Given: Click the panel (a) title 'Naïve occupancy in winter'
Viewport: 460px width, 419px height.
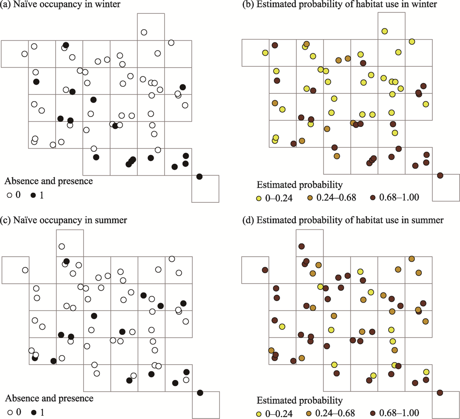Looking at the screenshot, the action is click(x=67, y=4).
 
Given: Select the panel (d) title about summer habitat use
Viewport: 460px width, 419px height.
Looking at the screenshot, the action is click(x=350, y=220).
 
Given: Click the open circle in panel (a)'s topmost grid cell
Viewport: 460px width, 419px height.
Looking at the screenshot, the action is click(x=144, y=32).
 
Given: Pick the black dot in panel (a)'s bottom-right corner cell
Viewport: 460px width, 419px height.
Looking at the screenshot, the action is click(x=200, y=177).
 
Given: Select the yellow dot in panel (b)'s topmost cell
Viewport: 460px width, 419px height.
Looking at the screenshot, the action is click(x=385, y=31).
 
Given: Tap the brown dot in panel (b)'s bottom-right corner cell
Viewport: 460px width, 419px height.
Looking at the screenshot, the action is click(x=440, y=175).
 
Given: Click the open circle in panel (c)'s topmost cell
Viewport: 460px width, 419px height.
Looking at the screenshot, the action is click(x=62, y=247).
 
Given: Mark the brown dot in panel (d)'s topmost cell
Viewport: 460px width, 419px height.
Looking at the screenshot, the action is click(x=302, y=246).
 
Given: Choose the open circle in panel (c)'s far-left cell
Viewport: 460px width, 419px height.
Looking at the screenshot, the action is click(x=25, y=270).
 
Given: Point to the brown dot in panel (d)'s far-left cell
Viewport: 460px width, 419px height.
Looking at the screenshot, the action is click(x=265, y=270).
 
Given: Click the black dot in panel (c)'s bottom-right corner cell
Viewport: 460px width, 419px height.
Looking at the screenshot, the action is click(x=200, y=393).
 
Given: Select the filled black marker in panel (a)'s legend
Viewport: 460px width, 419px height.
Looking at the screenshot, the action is click(x=34, y=195).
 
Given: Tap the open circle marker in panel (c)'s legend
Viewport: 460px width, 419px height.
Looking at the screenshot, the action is click(x=10, y=412).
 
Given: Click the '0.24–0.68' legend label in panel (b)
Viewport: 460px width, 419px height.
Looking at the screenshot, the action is click(x=336, y=197).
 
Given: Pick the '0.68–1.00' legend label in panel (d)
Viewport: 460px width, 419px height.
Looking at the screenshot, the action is click(x=399, y=413).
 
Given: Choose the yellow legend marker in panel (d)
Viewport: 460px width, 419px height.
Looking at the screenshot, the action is click(x=259, y=414).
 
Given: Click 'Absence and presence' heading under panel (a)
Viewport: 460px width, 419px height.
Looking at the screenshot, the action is click(x=49, y=181).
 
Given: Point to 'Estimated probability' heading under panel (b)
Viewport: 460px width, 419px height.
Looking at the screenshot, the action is click(x=299, y=185).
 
